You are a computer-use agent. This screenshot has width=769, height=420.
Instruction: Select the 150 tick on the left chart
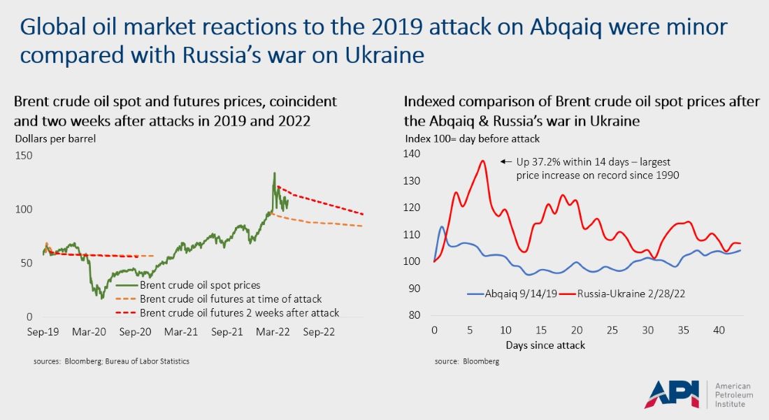point(25,155)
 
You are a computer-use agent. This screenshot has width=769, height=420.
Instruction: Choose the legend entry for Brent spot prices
point(200,285)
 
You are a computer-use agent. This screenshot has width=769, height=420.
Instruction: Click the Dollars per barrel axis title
point(55,138)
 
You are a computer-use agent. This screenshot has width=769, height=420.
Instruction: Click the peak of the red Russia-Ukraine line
point(482,161)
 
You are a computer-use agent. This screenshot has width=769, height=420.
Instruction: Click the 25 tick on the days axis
point(612,329)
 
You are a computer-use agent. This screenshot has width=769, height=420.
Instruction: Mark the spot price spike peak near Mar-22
point(275,173)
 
